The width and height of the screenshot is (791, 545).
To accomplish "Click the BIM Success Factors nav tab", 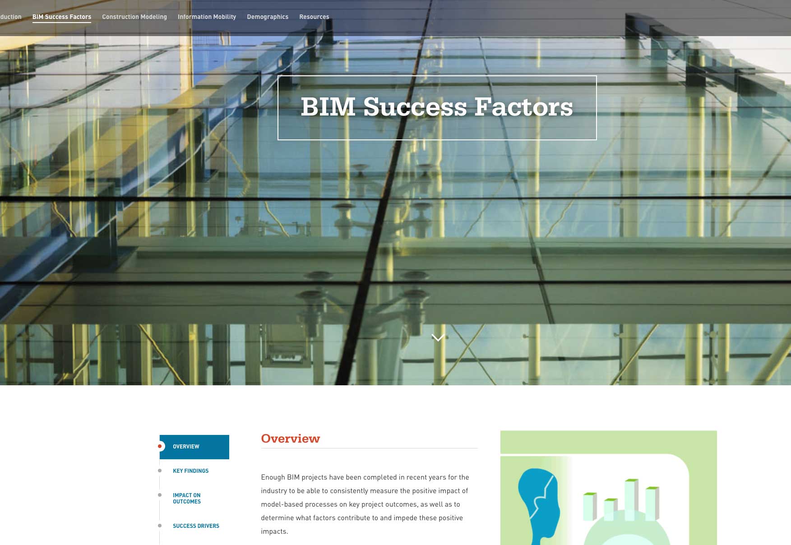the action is (62, 17).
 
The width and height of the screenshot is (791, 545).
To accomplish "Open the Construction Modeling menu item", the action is (134, 17).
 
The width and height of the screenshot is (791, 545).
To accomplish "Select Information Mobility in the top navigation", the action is (207, 17).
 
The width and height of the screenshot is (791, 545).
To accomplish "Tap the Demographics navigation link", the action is (268, 17).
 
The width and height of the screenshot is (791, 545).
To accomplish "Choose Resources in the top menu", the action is (314, 17).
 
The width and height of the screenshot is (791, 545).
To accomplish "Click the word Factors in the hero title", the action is (523, 107).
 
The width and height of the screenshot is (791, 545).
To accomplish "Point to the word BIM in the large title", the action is (328, 107).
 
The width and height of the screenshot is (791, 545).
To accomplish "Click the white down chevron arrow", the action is (438, 337).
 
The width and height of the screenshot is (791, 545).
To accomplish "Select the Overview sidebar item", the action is (194, 447).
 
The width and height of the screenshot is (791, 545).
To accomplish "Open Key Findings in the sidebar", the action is (190, 471).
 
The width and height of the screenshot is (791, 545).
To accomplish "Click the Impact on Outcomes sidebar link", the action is (187, 499).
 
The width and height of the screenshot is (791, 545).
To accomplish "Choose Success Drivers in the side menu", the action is (196, 526).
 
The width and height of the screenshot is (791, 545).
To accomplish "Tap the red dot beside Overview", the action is (160, 447).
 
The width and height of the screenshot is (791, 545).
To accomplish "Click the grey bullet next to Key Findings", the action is (160, 471).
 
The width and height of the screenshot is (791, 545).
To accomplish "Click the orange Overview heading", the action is (291, 439).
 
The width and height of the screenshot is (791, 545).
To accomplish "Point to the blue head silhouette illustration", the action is (539, 505).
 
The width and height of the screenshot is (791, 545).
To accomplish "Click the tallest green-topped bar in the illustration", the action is (632, 501).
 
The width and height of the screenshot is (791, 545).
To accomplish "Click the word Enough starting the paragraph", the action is (273, 477).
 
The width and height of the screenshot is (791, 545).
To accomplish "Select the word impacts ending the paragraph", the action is (274, 531).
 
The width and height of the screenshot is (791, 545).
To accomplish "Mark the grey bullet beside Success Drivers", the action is (160, 526).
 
